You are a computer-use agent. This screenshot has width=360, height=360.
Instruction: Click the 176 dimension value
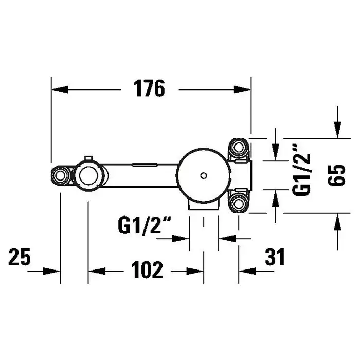[149, 88]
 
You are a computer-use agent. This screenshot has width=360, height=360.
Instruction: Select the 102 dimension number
[147, 270]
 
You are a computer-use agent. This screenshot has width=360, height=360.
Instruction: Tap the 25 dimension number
[20, 257]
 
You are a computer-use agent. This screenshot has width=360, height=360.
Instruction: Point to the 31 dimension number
[275, 257]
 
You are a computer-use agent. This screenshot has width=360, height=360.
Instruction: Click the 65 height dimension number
[336, 175]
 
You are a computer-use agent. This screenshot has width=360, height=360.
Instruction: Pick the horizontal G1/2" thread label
[145, 226]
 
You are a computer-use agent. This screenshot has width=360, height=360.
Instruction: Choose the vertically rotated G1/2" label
[301, 170]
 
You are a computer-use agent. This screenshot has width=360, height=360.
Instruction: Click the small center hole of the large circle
[204, 176]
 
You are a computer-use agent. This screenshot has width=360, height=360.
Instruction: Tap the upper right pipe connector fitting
[239, 148]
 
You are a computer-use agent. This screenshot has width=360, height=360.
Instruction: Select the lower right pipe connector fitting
[239, 203]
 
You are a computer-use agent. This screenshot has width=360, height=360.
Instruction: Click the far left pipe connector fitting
[60, 176]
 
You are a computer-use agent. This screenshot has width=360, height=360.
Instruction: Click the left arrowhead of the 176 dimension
[60, 89]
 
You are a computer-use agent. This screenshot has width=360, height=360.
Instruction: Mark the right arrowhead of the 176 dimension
[242, 89]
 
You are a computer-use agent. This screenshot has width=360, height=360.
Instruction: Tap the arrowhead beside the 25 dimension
[51, 271]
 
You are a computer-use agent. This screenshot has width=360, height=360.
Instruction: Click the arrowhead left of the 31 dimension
[247, 271]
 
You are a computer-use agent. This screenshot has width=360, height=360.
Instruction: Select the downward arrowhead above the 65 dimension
[337, 130]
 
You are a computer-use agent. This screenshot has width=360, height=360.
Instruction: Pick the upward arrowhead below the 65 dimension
[337, 222]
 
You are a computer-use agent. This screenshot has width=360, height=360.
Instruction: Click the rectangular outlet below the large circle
[204, 205]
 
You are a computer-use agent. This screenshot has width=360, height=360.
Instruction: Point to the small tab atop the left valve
[88, 158]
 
